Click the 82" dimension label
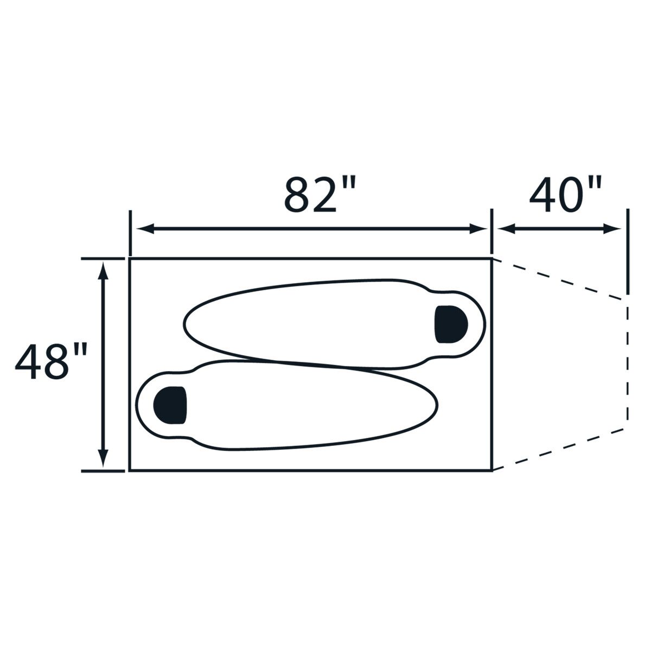click(320, 195)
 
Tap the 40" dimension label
click(565, 195)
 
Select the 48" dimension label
click(51, 361)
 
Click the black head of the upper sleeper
click(451, 324)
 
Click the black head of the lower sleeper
click(170, 405)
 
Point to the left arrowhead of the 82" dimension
click(145, 229)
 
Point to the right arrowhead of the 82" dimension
click(478, 229)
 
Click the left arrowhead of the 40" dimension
click(506, 229)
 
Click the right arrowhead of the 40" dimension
click(612, 229)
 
